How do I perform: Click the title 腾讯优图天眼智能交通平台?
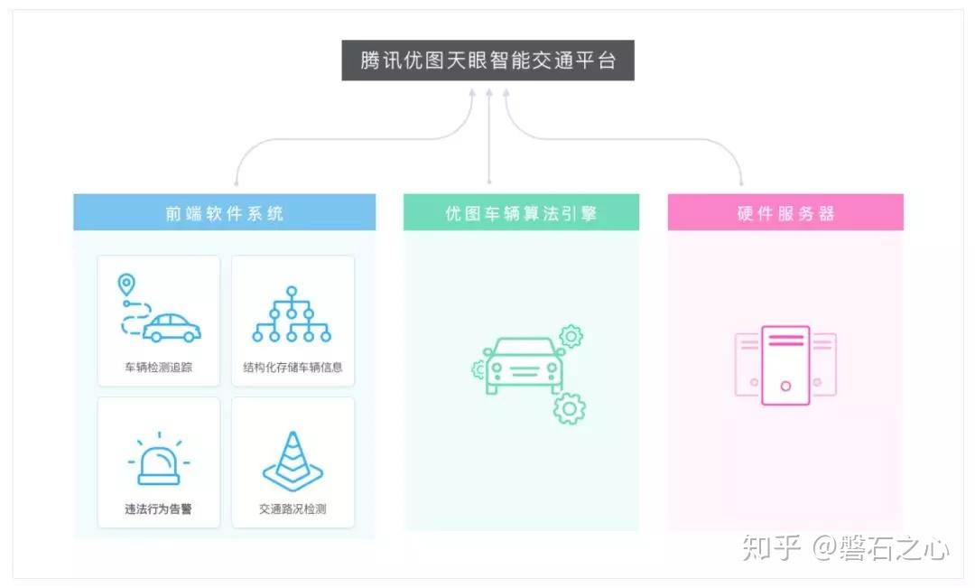[487, 61]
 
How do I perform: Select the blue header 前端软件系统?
[224, 213]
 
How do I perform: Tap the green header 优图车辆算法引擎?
[521, 213]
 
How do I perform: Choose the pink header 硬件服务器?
[785, 213]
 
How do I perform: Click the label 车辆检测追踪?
[159, 368]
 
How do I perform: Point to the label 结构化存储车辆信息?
[292, 368]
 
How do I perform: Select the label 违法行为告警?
[159, 509]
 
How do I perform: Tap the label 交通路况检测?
[292, 509]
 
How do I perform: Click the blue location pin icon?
[126, 285]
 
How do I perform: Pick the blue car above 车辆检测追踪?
[172, 328]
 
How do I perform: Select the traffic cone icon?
[292, 462]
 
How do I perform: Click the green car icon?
[525, 366]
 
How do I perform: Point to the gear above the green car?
[571, 337]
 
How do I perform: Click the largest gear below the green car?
[569, 408]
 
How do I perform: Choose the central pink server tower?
[785, 365]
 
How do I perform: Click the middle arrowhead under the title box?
[488, 92]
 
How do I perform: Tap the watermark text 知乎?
[772, 547]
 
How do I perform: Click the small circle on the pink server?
[785, 387]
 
